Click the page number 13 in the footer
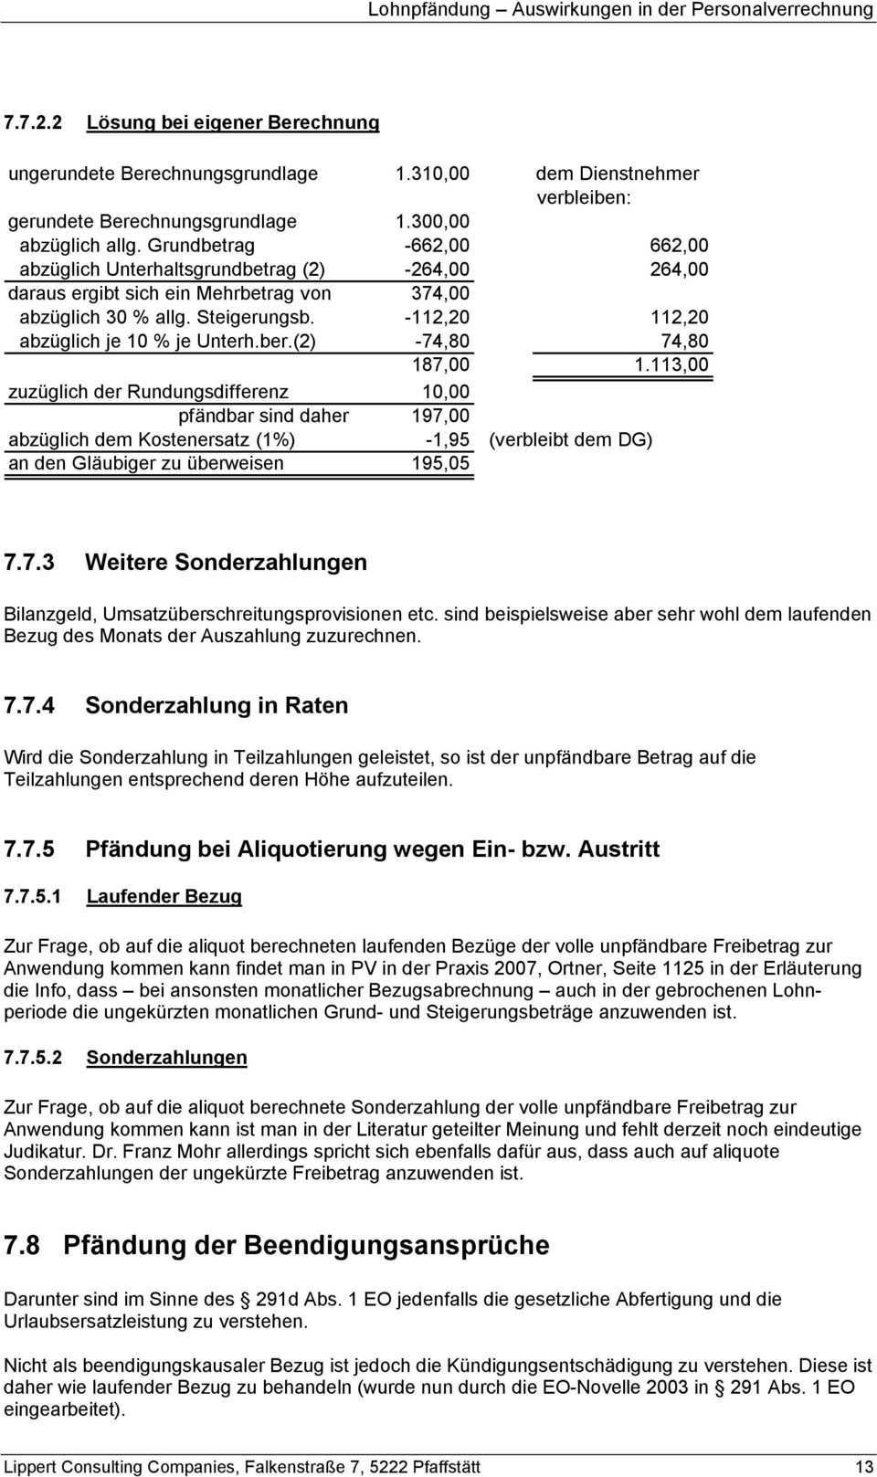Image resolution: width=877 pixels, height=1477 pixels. click(863, 1467)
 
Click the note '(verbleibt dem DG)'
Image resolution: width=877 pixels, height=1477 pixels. click(571, 439)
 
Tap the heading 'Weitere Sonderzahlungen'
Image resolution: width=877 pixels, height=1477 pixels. click(226, 562)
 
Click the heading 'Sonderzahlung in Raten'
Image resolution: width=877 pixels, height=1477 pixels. click(217, 705)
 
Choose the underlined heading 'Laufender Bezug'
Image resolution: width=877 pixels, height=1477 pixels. click(164, 896)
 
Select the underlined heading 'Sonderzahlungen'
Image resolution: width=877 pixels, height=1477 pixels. click(166, 1057)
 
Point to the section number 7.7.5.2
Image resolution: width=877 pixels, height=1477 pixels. click(34, 1057)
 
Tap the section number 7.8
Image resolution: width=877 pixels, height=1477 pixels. click(23, 1245)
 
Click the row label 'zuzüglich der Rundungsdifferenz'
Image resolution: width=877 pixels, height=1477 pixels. click(148, 392)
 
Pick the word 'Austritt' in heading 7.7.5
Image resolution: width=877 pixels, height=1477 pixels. click(618, 849)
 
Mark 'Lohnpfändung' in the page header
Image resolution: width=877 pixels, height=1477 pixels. click(427, 10)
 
